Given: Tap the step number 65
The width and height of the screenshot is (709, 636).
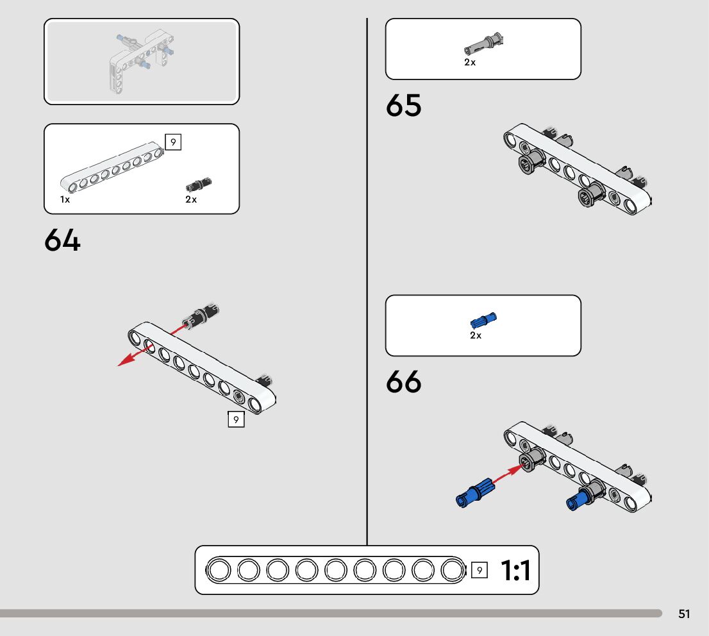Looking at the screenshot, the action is point(403,106).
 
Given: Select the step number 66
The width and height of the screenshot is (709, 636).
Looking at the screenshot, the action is point(403,383).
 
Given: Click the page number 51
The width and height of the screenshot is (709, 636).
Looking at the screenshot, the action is point(684,614).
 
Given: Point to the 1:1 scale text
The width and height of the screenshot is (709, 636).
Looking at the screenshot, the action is point(515,571).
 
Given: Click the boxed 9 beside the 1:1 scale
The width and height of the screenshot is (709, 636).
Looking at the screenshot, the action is point(479,569).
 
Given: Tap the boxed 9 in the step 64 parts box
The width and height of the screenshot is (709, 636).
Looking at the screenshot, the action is point(173,142).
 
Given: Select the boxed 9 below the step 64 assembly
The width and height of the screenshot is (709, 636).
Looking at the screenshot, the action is point(236,420).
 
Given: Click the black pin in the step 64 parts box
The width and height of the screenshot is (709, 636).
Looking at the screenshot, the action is point(199,185).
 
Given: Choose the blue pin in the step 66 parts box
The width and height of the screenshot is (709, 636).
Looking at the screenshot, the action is point(484,319).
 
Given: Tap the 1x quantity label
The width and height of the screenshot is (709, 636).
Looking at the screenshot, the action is point(65,200).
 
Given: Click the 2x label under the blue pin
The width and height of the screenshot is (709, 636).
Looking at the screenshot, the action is point(475,336).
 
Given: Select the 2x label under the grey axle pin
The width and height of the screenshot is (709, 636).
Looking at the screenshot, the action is point(470,63).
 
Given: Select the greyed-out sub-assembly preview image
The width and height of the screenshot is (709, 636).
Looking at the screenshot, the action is point(142,62).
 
